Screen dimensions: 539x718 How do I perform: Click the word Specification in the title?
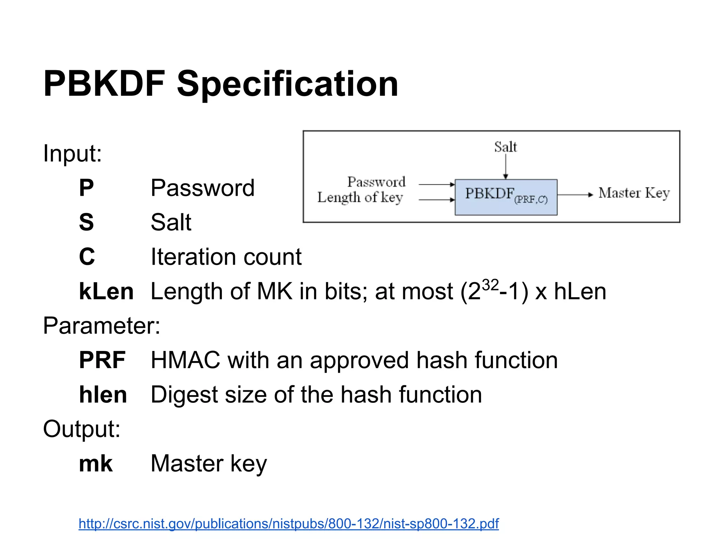tap(287, 84)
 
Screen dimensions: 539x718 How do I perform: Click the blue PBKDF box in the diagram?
tap(506, 197)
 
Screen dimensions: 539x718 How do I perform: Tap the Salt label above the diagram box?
tap(505, 147)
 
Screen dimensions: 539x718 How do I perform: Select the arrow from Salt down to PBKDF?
tap(506, 166)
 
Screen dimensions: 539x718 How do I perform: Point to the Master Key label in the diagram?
tap(634, 193)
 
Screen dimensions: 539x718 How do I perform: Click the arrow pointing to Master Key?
tap(575, 194)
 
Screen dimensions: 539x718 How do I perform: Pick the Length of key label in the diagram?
tap(360, 198)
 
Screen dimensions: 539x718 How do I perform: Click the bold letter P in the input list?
tap(86, 188)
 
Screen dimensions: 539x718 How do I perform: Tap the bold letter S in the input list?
tap(86, 222)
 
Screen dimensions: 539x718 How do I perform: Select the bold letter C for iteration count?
tap(87, 257)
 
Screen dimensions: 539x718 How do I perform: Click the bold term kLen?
tap(106, 292)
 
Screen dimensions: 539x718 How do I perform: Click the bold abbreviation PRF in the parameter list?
tap(102, 360)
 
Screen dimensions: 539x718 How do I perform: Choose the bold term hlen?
tap(103, 395)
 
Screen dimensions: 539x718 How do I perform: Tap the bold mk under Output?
tap(96, 464)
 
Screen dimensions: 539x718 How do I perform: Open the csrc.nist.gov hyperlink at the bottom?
tap(288, 524)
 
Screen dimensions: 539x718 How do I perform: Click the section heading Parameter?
tap(102, 326)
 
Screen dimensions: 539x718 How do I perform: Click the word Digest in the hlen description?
tap(184, 395)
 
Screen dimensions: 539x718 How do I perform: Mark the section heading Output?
tap(82, 429)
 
